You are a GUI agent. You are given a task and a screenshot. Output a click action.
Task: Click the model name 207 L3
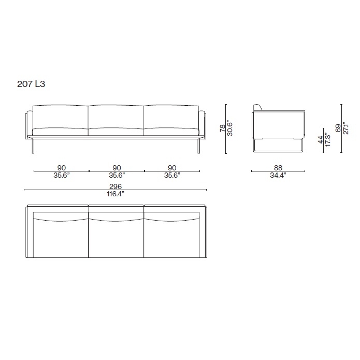tap(31, 84)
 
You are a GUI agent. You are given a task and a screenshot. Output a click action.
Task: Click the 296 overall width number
tap(116, 186)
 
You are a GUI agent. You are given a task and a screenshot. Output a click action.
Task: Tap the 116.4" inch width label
tap(116, 194)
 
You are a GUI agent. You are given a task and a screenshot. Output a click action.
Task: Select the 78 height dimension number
tap(222, 128)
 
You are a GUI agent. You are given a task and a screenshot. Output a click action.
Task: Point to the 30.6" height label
tap(229, 128)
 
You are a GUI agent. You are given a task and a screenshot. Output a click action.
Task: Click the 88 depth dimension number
tap(278, 168)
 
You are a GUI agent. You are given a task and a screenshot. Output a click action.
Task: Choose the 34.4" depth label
tap(278, 176)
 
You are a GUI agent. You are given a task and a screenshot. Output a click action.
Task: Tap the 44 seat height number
tap(321, 139)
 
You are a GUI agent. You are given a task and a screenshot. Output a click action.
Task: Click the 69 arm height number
tap(338, 128)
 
